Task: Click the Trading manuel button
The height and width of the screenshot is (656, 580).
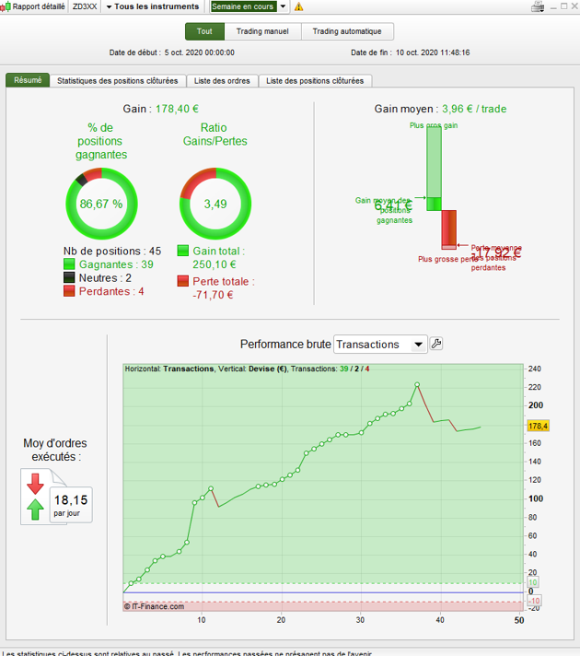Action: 262,31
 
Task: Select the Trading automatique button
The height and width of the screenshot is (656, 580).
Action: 348,31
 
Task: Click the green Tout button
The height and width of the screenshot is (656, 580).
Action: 204,31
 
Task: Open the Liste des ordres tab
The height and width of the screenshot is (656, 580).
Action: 225,81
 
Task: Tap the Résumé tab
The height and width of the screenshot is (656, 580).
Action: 28,80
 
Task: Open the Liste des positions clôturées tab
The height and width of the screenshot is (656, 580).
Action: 315,81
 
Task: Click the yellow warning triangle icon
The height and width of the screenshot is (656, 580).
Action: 298,6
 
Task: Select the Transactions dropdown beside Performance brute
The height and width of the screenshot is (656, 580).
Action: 380,344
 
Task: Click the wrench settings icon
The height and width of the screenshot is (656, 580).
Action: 437,344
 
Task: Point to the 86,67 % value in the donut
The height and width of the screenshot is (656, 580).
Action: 100,204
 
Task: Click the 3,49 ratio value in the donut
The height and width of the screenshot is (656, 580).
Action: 215,204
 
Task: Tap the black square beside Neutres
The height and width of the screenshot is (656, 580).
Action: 69,277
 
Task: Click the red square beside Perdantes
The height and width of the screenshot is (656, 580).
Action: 69,291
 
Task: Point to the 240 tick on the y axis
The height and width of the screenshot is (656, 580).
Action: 535,369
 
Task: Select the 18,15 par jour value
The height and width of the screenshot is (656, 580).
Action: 72,500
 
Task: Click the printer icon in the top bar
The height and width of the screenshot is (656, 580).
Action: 538,6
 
